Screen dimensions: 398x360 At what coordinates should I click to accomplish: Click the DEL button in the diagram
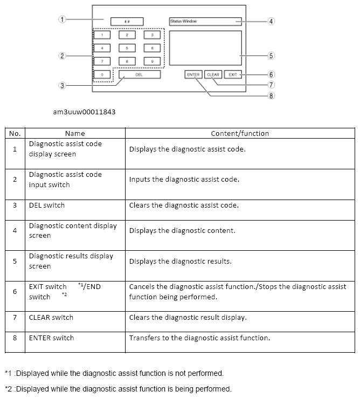tap(139, 74)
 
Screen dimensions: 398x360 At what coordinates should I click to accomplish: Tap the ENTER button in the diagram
tap(193, 74)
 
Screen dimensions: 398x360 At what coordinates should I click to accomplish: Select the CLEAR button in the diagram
tap(213, 74)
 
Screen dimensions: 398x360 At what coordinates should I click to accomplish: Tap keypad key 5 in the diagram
tap(127, 48)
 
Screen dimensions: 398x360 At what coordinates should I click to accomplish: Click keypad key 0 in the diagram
tap(102, 74)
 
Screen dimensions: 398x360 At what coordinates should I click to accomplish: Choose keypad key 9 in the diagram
tap(152, 61)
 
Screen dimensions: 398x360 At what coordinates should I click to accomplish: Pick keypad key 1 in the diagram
tap(102, 35)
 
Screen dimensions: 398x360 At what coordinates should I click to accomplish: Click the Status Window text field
tap(205, 22)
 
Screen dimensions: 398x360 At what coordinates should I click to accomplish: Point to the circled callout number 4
tap(271, 22)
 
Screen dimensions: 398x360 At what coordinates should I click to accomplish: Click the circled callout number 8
tap(271, 96)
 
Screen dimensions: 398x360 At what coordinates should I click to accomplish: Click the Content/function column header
tap(240, 133)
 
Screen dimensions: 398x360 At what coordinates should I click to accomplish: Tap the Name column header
tap(75, 133)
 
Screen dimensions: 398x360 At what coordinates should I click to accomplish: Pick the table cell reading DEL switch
tap(47, 205)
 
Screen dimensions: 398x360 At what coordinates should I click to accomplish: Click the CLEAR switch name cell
tap(51, 317)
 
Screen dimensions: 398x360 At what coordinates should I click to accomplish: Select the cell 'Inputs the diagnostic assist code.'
tap(184, 180)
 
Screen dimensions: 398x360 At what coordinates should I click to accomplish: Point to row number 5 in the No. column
tap(15, 261)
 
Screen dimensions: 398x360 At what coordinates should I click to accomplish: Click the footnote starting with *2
tap(118, 388)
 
